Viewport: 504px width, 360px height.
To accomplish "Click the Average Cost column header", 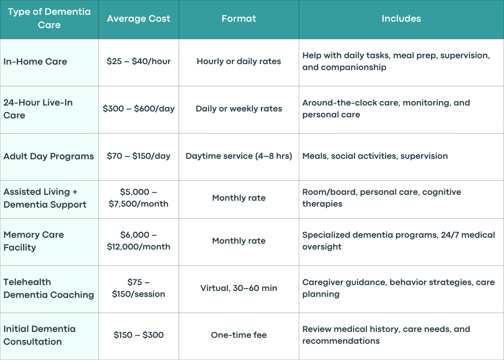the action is coord(139,19).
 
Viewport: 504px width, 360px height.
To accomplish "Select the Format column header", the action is coord(239,19).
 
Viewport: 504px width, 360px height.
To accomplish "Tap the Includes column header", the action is coord(401,19).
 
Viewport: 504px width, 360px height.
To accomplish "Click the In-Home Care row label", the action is coord(36,61).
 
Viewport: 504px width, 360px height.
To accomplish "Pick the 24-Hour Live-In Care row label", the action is coord(38,108).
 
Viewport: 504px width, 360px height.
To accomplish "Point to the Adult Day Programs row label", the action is coord(49,156).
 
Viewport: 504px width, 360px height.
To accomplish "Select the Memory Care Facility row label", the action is coord(34,241).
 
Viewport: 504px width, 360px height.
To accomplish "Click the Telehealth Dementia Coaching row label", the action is coord(49,288).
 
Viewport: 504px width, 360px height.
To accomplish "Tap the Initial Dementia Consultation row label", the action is coord(39,335).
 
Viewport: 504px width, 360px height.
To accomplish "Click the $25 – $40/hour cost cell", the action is coord(139,61).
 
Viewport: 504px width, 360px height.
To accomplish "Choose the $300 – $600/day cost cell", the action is coord(139,108).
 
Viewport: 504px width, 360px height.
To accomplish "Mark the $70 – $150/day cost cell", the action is coord(139,156).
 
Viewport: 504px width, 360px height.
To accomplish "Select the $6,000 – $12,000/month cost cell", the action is coord(139,241).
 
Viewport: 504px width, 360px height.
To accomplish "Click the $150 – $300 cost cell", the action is coord(139,335).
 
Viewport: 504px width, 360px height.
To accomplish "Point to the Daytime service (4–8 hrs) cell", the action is coord(239,156).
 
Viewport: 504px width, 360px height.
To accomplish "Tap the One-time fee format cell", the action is coord(239,335).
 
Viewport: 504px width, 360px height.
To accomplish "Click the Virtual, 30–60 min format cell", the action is coord(239,288).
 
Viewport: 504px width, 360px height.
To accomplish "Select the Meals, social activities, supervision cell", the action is coord(375,156).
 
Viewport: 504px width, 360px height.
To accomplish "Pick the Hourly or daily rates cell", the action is coord(239,61).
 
